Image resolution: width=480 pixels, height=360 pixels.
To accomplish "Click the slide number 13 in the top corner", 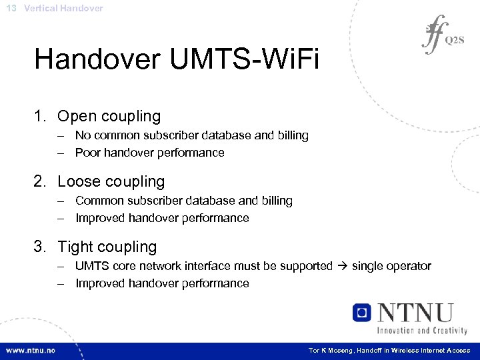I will tap(11, 8).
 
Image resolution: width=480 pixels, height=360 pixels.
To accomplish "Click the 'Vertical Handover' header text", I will tap(63, 8).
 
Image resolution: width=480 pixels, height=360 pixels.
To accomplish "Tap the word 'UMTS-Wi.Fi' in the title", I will tap(245, 59).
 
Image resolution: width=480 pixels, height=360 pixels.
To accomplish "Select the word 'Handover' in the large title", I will tap(97, 59).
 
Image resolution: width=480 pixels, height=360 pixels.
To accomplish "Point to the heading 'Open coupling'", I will tap(109, 116).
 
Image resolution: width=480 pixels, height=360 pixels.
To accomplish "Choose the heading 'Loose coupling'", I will tap(111, 181).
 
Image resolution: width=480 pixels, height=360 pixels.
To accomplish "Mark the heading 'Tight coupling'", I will tap(107, 247).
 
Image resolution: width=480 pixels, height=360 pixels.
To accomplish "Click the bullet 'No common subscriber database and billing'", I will tap(191, 135).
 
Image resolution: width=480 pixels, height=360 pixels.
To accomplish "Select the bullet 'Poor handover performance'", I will tap(149, 153).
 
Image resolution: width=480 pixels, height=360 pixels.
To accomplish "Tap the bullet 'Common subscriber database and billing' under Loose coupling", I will tap(183, 201).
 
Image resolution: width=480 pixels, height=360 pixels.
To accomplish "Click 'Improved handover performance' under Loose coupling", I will tap(162, 218).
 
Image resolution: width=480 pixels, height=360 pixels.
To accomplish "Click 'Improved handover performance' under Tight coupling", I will tap(162, 283).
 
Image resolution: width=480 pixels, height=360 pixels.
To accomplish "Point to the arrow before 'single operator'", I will tap(342, 266).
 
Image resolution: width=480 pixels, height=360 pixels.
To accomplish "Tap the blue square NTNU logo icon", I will tap(362, 313).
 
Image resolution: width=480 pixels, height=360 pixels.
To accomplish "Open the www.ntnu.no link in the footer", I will tap(31, 351).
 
